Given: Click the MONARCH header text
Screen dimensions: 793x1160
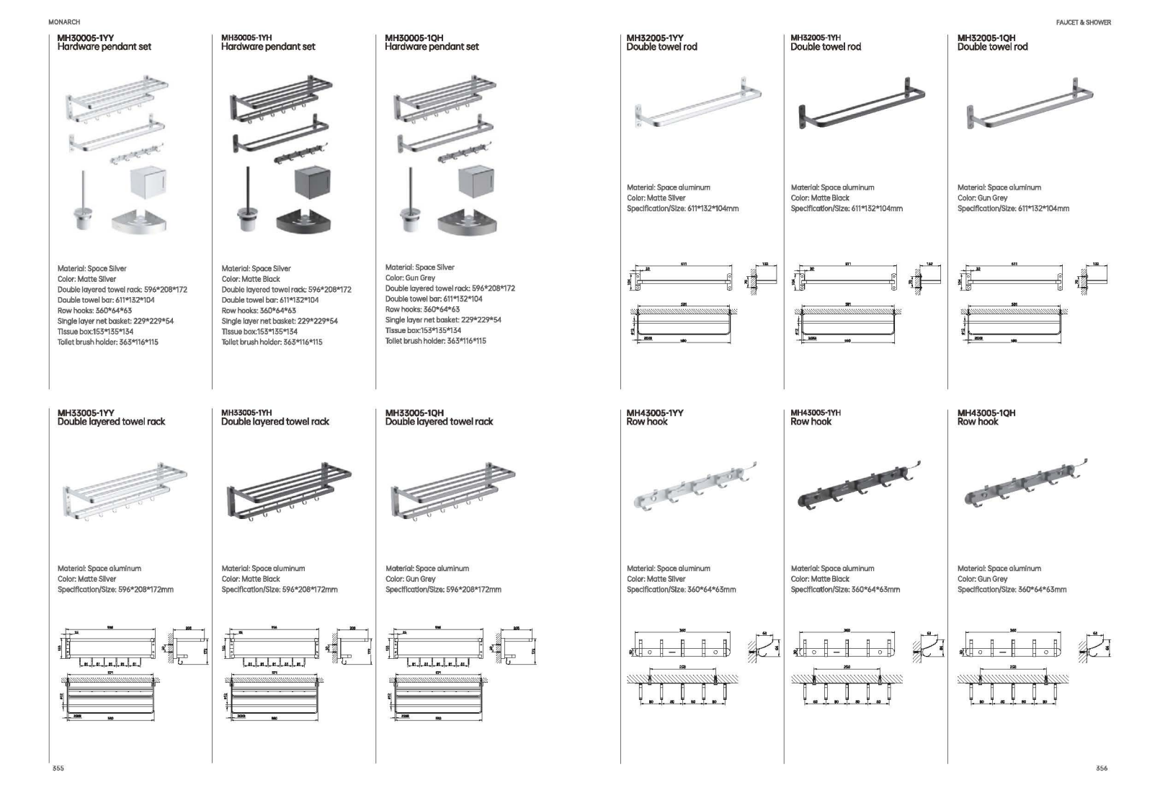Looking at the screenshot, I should [x=64, y=22].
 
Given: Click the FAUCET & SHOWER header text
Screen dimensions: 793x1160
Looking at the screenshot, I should [x=1083, y=22].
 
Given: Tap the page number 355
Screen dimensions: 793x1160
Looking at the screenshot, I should [x=58, y=768].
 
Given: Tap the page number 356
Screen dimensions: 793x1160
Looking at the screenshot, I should [x=1101, y=768].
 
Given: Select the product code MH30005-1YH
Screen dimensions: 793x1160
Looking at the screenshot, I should [x=246, y=37].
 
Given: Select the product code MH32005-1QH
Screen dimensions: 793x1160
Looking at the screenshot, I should [x=986, y=37].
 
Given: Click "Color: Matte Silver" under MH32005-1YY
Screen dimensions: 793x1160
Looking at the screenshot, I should [x=656, y=198].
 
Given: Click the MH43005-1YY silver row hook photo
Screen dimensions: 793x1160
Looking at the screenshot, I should [x=693, y=487].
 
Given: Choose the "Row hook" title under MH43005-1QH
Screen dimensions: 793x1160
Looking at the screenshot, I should [x=978, y=422].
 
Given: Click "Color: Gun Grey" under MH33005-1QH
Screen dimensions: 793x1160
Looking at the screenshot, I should [x=410, y=579].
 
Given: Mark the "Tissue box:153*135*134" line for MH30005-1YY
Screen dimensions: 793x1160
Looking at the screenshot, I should [x=95, y=332].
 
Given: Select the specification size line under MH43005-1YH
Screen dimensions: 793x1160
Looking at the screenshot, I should [x=845, y=590].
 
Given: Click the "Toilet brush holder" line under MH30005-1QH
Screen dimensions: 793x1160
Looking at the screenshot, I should [x=435, y=341].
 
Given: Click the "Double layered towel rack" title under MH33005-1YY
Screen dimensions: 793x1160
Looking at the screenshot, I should [x=111, y=422].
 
